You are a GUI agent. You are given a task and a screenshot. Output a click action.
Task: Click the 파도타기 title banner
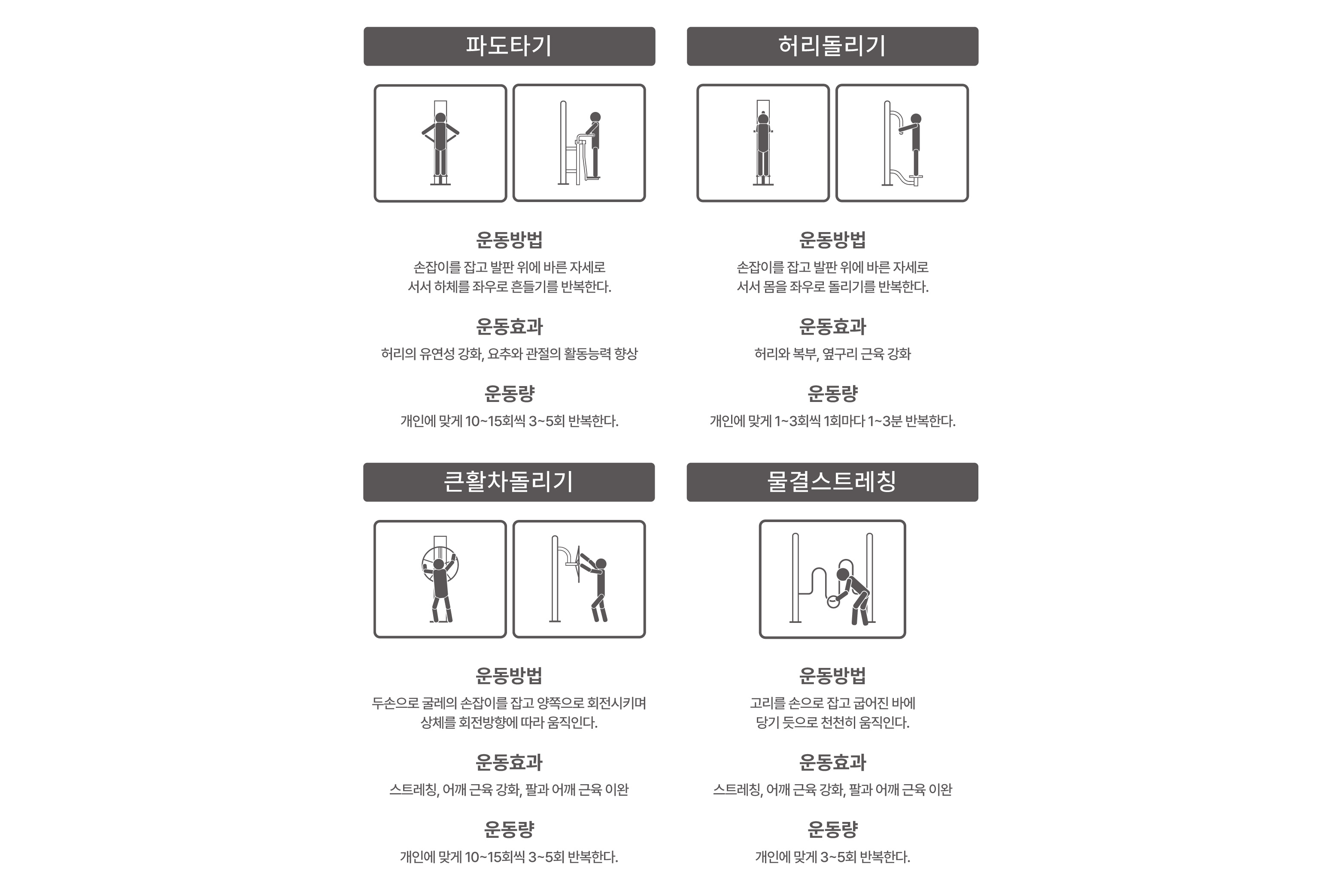click(x=509, y=46)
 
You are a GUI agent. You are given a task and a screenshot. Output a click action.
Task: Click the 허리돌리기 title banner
click(x=832, y=46)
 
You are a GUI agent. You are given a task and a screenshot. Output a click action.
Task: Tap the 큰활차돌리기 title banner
click(x=509, y=482)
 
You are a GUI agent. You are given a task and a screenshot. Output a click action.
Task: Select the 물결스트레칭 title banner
click(x=832, y=482)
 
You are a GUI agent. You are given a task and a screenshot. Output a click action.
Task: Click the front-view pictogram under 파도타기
click(x=440, y=143)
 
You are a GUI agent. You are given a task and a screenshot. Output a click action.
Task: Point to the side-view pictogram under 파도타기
click(x=579, y=143)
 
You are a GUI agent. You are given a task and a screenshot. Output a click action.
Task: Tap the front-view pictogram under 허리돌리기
click(x=763, y=143)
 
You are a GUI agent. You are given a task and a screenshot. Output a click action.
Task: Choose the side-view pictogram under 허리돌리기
click(x=902, y=143)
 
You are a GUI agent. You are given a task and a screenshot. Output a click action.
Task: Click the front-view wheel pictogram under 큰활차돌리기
click(x=440, y=579)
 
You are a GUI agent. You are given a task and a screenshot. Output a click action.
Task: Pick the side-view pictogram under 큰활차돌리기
click(x=579, y=579)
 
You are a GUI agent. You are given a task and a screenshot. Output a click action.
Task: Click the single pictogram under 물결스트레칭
click(x=832, y=579)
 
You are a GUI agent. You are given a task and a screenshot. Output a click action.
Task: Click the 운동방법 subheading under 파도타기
click(x=509, y=240)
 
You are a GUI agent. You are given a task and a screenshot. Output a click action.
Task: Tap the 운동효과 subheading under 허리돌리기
click(x=832, y=327)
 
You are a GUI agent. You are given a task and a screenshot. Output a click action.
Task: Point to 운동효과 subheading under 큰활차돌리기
click(x=509, y=762)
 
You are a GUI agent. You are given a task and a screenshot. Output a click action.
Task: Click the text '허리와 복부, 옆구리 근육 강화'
click(x=832, y=354)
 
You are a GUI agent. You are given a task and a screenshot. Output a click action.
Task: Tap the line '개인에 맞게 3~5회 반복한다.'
click(x=832, y=857)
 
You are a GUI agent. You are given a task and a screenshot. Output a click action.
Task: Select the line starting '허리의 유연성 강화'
click(x=509, y=354)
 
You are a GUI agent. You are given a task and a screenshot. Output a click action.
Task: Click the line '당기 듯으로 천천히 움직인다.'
click(x=832, y=723)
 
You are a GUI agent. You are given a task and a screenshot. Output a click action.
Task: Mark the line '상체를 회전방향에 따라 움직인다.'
click(x=509, y=723)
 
